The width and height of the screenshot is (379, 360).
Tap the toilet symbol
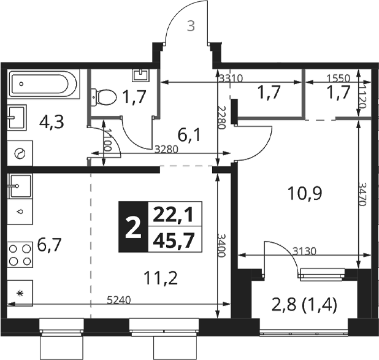point(104,97)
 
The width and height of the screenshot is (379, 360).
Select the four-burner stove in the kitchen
point(20,255)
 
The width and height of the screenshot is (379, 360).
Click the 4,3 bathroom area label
point(52,122)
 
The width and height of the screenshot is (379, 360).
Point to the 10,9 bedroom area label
point(305,194)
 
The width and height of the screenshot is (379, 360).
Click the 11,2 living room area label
point(161,278)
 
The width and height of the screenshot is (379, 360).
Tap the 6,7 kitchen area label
point(50,245)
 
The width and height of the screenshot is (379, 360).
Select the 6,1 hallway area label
point(189,136)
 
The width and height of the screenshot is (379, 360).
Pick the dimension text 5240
point(119,301)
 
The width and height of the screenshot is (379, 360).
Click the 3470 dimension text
point(362,194)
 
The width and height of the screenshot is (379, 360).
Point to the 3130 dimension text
point(304,251)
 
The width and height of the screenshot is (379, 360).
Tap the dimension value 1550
point(338,78)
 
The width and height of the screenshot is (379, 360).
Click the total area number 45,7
point(175,240)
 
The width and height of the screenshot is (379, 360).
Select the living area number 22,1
point(174,215)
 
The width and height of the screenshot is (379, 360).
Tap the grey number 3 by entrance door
point(191,26)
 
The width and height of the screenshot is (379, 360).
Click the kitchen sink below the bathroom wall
point(20,186)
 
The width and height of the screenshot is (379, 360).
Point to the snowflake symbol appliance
point(20,293)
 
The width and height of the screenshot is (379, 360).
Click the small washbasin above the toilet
point(140,75)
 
